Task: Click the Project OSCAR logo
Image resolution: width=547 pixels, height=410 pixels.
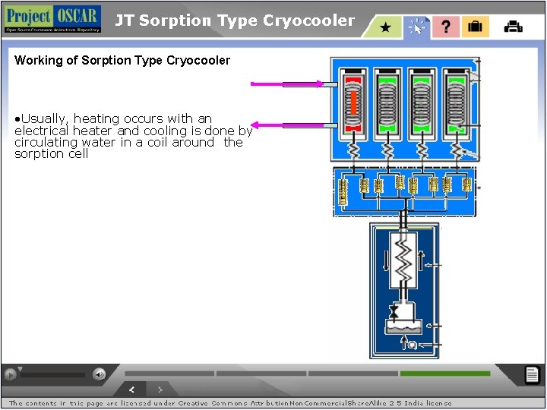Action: click(x=52, y=18)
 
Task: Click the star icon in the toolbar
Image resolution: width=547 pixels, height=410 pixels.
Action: click(x=385, y=27)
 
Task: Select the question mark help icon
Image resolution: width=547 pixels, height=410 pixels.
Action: click(x=445, y=27)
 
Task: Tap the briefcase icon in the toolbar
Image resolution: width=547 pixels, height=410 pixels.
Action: click(x=475, y=27)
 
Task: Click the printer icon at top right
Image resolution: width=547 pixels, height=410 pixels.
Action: click(x=514, y=27)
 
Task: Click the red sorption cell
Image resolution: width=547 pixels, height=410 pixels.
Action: click(x=352, y=102)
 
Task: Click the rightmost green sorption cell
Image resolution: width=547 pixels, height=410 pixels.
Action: click(x=456, y=102)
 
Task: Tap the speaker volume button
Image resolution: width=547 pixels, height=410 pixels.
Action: click(x=100, y=374)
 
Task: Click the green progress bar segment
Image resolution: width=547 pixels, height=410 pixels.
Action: click(x=445, y=374)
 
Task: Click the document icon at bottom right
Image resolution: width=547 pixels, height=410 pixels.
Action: click(x=533, y=374)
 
